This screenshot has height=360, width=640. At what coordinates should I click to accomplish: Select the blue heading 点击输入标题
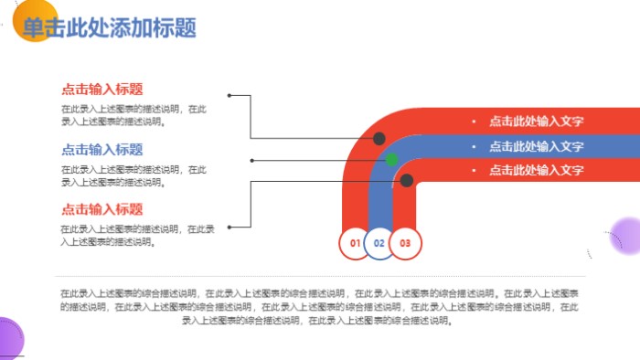pos(101,149)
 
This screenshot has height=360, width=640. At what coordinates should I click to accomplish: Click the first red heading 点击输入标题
pos(101,89)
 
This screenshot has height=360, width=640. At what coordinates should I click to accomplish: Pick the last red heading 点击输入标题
pos(101,209)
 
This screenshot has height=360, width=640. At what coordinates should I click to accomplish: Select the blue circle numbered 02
pos(379,243)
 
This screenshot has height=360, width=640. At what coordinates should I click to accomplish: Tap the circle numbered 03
pos(405,243)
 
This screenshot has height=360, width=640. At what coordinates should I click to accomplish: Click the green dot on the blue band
pos(392,160)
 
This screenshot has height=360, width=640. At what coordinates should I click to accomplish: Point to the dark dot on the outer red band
pos(379,139)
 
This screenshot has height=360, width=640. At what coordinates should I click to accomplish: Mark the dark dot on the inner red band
pos(407,181)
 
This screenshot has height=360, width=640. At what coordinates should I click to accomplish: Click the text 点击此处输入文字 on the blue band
pos(536,145)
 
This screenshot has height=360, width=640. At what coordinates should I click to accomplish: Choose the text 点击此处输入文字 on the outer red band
pos(536,121)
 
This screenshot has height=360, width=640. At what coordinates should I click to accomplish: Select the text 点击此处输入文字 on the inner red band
pos(536,170)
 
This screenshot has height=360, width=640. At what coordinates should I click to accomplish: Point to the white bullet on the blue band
pos(473,145)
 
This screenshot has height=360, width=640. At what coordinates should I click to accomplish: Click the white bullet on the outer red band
pos(473,121)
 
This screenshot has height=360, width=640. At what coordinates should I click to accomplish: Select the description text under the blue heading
pos(133,175)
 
